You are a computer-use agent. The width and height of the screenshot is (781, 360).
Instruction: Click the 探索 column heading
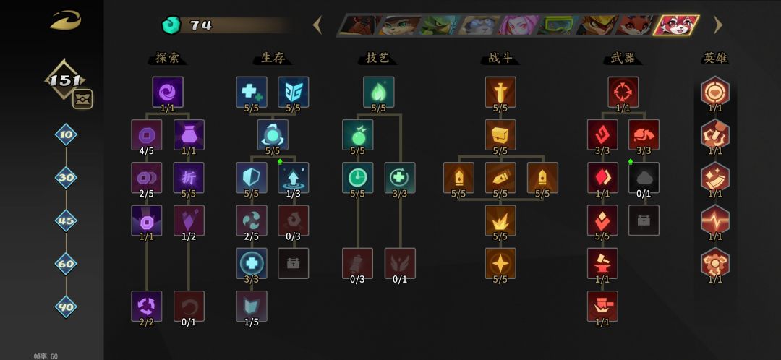coord(167,59)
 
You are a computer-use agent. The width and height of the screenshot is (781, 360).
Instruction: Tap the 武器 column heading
coord(623,59)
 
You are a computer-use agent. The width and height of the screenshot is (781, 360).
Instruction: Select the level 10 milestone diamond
coord(67,134)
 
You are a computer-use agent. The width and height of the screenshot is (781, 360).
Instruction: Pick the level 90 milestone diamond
coord(67,307)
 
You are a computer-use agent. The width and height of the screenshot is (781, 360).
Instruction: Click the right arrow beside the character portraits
coord(718,25)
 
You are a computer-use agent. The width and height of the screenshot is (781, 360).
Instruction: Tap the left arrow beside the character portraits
coord(317,25)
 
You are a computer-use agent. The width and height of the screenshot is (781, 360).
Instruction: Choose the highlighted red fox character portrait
coord(676,25)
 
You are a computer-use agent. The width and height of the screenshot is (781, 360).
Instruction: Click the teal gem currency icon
coord(171,25)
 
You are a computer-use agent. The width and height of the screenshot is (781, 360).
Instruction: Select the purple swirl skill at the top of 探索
coord(168,92)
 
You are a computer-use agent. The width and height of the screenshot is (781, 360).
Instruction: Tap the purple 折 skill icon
coord(189,177)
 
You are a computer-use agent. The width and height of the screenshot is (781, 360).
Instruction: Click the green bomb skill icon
coord(358,134)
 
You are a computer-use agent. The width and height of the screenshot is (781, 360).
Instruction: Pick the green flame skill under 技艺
coord(378,92)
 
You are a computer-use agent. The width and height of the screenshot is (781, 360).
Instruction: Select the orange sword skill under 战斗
coord(500,92)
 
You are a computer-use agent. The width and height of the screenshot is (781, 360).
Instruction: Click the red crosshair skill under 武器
coord(623,92)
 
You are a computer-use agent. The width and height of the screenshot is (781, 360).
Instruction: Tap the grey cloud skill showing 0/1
coord(644,177)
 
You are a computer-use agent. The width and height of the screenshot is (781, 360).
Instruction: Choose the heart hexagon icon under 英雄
coord(715,92)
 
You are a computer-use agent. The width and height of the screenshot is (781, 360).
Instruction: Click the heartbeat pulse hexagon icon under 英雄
coord(715,220)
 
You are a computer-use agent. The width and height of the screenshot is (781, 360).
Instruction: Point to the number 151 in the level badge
coord(65,81)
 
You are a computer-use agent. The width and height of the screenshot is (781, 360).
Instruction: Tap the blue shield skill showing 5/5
coord(252,177)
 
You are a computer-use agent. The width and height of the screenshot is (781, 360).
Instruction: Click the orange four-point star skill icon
coord(500,263)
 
